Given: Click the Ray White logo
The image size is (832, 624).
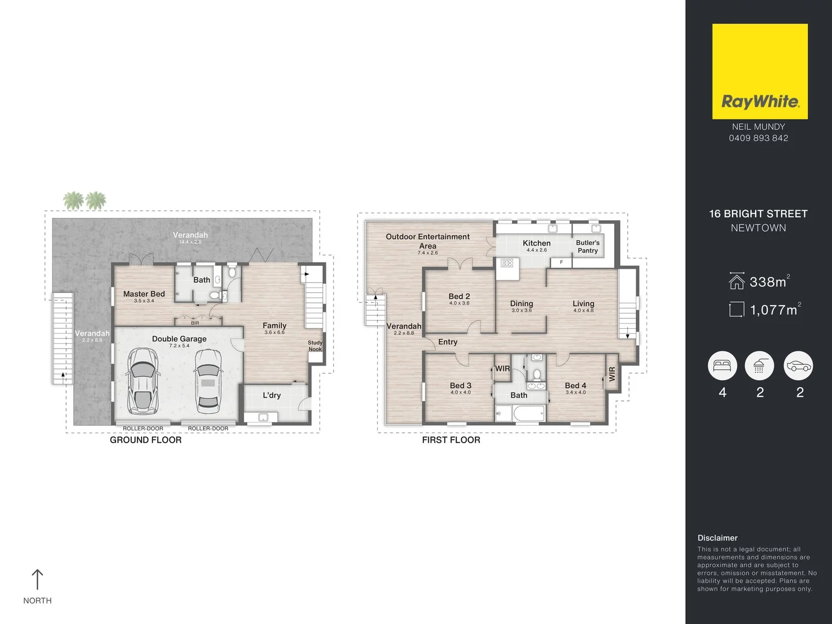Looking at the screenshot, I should tap(760, 72).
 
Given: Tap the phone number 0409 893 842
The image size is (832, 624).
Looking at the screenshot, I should tap(758, 138).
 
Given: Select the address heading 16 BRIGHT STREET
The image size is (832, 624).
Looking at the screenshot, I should tap(758, 214).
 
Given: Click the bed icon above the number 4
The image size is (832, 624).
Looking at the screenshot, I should tap(722, 366).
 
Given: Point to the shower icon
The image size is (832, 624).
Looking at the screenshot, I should tap(759, 366).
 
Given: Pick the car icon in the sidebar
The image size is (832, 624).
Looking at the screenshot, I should tap(798, 366).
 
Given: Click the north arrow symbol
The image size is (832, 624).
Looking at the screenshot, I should tap(38, 580).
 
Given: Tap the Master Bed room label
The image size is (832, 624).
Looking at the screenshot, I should tap(144, 294).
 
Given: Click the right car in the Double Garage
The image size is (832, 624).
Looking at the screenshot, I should tap(208, 380).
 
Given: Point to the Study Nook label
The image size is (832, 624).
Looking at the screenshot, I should tap(315, 346).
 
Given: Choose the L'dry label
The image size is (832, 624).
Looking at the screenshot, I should tap(272, 395).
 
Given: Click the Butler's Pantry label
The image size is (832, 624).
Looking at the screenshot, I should tap(588, 247).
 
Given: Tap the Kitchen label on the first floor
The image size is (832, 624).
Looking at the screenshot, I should tap(536, 243).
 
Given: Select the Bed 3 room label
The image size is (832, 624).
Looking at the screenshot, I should tap(460, 385).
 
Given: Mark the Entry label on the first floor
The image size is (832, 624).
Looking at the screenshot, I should tap(448, 342).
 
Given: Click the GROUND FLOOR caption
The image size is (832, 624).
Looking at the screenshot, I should tap(146, 440).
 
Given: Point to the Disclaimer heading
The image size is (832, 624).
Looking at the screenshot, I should tap(717, 538).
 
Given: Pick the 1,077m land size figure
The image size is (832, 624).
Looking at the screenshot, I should tap(773, 310).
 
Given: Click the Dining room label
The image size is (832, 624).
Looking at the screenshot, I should tap(521, 303).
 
